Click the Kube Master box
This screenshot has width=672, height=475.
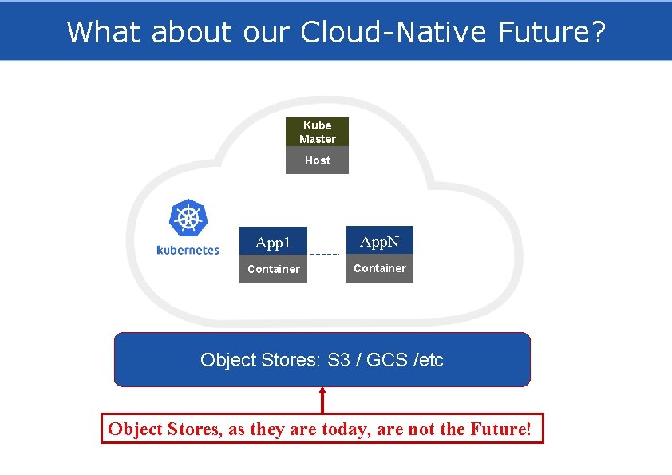pyautogui.click(x=317, y=132)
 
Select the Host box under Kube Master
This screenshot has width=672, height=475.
pyautogui.click(x=317, y=160)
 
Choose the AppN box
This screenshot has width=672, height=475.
pyautogui.click(x=379, y=241)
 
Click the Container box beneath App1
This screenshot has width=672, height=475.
pyautogui.click(x=273, y=269)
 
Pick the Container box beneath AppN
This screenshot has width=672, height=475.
pyautogui.click(x=379, y=268)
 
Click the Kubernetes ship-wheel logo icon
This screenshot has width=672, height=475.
pyautogui.click(x=188, y=218)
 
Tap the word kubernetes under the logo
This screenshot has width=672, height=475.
pyautogui.click(x=188, y=250)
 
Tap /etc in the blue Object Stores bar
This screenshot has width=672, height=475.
pyautogui.click(x=428, y=360)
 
